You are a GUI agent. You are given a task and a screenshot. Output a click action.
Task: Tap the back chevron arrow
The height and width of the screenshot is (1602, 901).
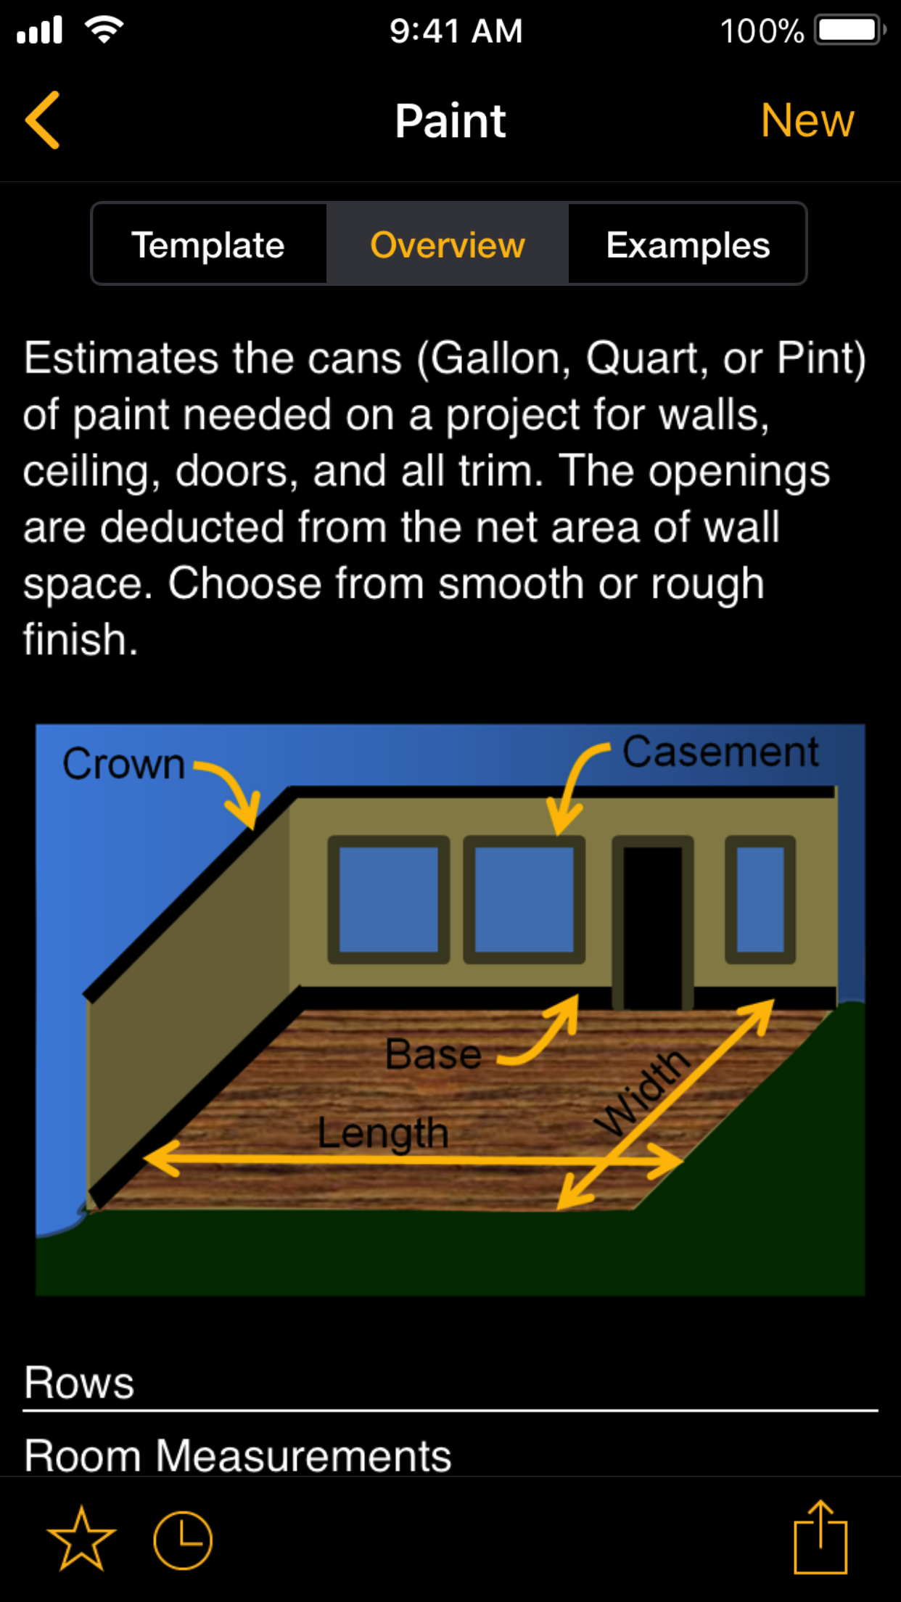coord(42,120)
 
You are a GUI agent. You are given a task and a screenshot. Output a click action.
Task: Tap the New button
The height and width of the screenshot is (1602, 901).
coord(807,120)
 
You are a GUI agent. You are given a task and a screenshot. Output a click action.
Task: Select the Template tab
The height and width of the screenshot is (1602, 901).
coord(208,245)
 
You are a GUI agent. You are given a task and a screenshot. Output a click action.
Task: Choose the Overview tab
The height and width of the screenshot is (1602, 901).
coord(448,245)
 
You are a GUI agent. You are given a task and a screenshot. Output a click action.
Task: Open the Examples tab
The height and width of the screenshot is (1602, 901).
coord(688,245)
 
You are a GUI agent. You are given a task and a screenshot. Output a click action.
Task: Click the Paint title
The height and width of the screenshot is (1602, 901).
coord(450,120)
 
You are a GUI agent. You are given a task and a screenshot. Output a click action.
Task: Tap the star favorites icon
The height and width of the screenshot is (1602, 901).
coord(81,1539)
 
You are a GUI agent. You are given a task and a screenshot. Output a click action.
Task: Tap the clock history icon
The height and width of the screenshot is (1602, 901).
coord(183,1540)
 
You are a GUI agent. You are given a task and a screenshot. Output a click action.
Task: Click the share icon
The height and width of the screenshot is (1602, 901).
coord(820,1537)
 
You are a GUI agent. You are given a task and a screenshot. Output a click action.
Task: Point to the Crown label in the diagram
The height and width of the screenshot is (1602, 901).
coord(123,764)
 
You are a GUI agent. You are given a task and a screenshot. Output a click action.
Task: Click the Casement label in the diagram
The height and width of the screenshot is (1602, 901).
coord(720,752)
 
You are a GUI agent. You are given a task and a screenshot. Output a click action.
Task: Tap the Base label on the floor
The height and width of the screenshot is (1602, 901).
coord(433,1054)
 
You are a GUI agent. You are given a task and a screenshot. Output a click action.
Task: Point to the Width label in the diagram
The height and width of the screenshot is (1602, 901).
coord(641,1092)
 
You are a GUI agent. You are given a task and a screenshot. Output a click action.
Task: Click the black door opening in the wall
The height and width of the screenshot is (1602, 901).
coord(653,927)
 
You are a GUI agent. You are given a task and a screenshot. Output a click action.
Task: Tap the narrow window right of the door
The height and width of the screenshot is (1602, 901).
coord(760,900)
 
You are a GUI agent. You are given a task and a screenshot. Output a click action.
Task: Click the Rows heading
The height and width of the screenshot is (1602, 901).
coord(79,1383)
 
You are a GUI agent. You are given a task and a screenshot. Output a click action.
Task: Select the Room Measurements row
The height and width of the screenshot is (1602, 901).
coord(238,1455)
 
